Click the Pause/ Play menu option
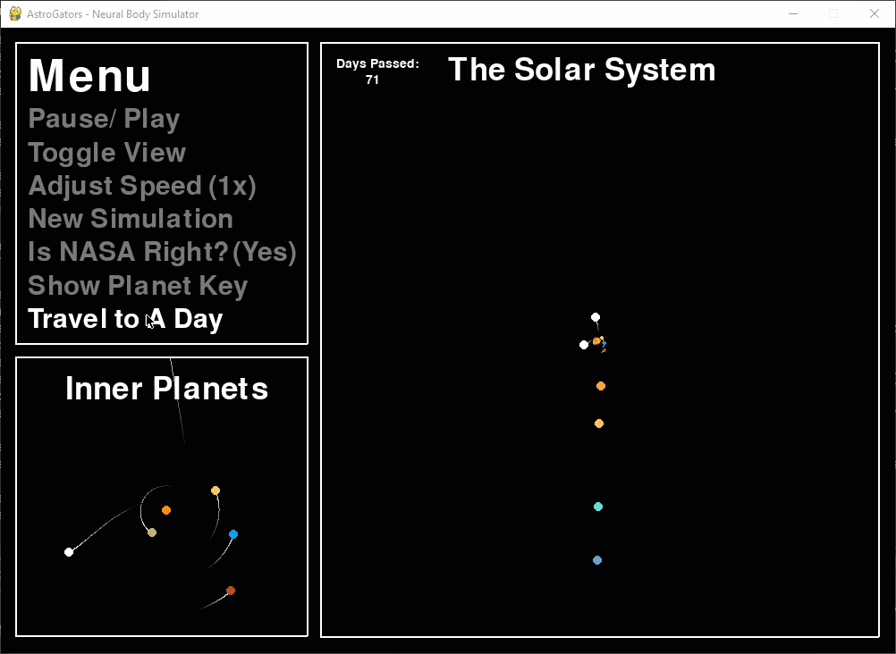tap(104, 120)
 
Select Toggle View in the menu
tap(106, 153)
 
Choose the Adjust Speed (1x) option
tap(142, 186)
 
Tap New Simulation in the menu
tap(131, 219)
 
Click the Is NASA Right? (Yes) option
tap(162, 252)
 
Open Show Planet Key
tap(138, 286)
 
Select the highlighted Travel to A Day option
tap(125, 319)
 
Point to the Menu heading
tap(89, 75)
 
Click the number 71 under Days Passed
tap(372, 80)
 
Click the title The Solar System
tap(582, 70)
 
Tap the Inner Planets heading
tap(167, 389)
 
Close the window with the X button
tap(875, 13)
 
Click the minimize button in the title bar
tap(793, 13)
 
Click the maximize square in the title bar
tap(833, 13)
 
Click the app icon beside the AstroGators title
tap(15, 13)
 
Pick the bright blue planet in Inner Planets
tap(233, 534)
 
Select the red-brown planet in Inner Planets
tap(231, 591)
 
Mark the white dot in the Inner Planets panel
tap(69, 552)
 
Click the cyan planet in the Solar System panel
tap(598, 507)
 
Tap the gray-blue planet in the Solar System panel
tap(597, 560)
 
